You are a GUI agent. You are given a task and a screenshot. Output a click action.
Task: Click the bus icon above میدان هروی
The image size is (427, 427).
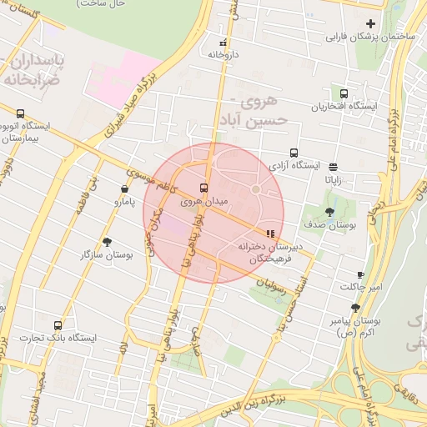point(204,188)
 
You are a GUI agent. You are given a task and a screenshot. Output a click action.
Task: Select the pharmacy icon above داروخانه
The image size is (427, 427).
point(223,43)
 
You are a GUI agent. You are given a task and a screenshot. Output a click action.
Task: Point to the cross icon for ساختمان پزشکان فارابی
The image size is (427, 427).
point(370,23)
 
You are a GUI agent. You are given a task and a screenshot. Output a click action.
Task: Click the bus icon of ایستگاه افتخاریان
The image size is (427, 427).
point(344,93)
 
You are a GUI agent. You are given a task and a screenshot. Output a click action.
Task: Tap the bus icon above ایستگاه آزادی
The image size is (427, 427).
point(294,153)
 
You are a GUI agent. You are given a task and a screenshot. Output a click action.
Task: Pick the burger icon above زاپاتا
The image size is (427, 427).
point(334,167)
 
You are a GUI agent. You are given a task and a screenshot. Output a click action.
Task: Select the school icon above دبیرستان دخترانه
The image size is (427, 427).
point(269,234)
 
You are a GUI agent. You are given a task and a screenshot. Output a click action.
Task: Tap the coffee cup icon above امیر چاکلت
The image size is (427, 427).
point(360,274)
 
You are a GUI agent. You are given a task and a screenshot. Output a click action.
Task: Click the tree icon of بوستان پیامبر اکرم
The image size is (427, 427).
point(355,308)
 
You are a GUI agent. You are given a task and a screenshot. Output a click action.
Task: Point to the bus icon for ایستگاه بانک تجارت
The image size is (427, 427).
point(58,325)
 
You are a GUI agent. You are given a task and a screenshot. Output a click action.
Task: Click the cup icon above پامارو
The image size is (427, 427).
point(124,189)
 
